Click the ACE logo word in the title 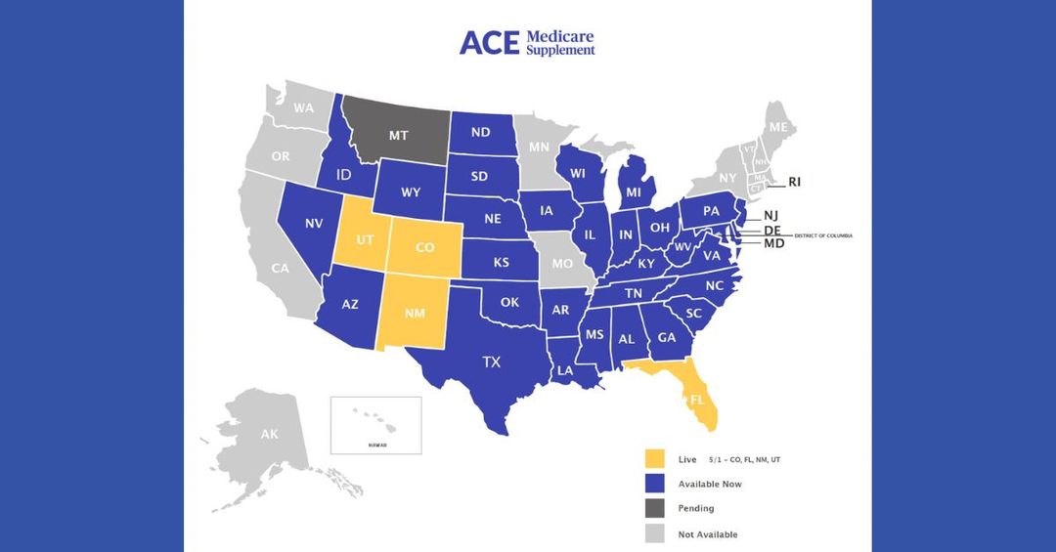tap(489, 42)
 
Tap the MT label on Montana tap(398, 136)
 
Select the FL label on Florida tap(697, 400)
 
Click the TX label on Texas tap(491, 362)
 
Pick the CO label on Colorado tap(424, 248)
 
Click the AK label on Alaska tap(269, 434)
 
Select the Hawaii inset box tap(375, 425)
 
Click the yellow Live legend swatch tap(655, 458)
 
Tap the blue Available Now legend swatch tap(655, 484)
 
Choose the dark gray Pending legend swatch tap(655, 508)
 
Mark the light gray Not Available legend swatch tap(655, 533)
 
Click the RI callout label tap(795, 182)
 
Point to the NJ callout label tap(771, 216)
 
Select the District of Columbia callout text tap(823, 235)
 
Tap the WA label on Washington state tap(304, 107)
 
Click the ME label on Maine tap(778, 128)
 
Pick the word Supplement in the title tap(560, 50)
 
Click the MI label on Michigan tap(634, 192)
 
